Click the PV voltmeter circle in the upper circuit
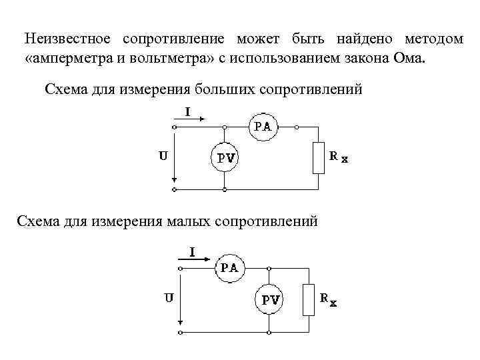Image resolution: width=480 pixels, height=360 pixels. point(225,157)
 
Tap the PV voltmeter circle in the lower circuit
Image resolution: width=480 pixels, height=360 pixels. point(269,299)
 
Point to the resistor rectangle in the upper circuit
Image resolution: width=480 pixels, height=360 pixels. point(319,158)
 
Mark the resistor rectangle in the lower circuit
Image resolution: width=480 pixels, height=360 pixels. point(308,299)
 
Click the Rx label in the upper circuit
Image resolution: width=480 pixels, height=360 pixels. point(339,158)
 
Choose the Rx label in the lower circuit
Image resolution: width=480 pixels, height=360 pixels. point(328,300)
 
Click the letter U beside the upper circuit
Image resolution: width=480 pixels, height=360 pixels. point(162,157)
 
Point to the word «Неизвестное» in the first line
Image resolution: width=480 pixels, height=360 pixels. point(63,39)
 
